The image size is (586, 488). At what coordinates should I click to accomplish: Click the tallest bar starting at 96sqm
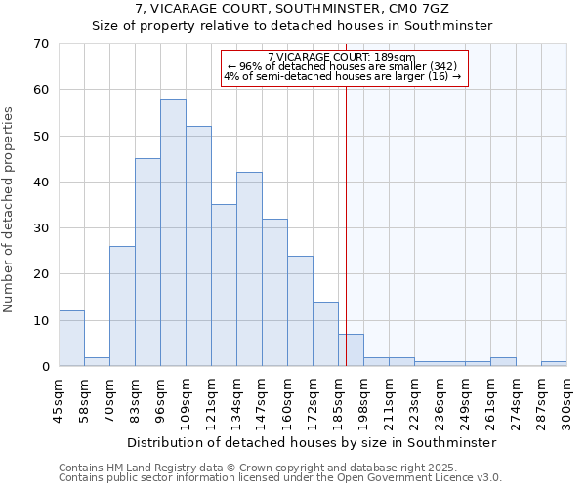tap(173, 232)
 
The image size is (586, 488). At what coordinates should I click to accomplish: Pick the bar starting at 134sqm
tap(249, 269)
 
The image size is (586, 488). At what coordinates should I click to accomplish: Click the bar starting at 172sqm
tap(325, 334)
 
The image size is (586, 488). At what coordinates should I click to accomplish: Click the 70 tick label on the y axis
tap(40, 44)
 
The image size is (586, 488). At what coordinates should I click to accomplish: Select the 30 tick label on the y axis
tap(40, 228)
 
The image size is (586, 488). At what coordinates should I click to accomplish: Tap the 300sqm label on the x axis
tap(567, 400)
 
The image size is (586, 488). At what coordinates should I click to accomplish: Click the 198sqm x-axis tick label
tap(364, 400)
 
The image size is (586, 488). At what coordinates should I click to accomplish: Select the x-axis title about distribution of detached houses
tap(312, 442)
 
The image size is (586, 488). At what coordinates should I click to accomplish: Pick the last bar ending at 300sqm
tap(554, 364)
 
